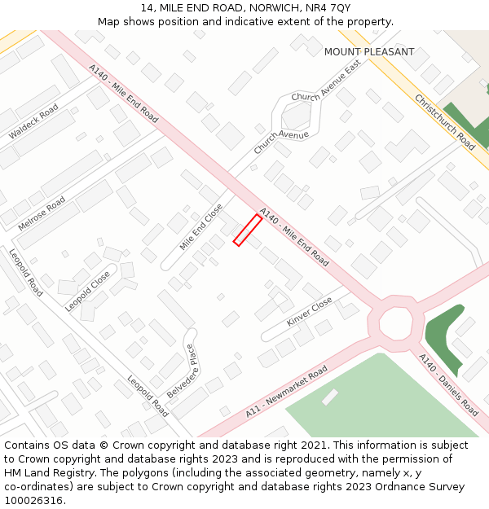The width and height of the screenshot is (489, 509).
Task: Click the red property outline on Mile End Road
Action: (248, 230)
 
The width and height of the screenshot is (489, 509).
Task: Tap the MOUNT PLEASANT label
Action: (369, 52)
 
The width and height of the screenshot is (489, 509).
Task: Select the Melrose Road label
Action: (42, 213)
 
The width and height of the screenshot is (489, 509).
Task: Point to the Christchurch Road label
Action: (445, 122)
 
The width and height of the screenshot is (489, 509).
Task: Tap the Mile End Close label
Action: (201, 226)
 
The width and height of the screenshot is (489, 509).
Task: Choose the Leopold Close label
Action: (87, 291)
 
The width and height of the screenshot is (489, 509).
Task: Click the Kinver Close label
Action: (310, 311)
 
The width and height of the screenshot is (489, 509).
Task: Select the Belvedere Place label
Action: (182, 371)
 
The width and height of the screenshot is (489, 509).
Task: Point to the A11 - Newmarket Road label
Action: (286, 392)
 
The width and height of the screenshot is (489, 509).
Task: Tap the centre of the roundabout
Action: (397, 323)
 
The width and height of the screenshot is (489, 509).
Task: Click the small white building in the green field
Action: (330, 397)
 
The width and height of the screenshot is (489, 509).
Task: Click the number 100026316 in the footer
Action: (33, 501)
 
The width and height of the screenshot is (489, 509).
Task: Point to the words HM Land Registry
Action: (44, 473)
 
